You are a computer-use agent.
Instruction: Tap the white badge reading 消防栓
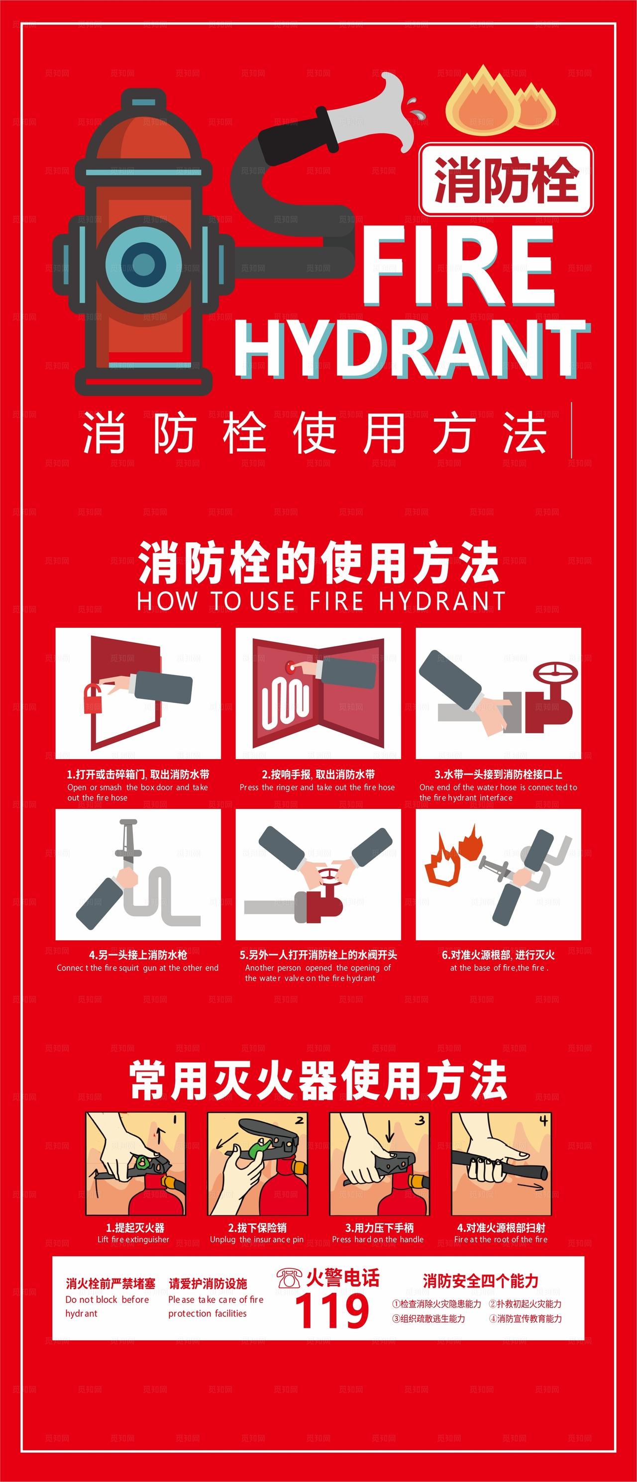[x=506, y=180]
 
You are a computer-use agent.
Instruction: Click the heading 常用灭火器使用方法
[x=318, y=1082]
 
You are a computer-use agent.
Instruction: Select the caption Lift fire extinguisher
[x=133, y=1239]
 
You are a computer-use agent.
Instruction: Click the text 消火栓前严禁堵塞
[x=110, y=1284]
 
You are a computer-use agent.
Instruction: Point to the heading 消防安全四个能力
[x=480, y=1281]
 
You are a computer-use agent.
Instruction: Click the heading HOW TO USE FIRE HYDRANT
[x=320, y=600]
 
